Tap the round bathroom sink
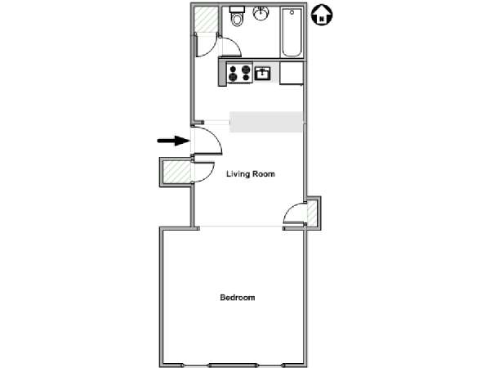tap(261, 13)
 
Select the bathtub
tap(292, 32)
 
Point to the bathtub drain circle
tap(292, 12)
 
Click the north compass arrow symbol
tap(322, 16)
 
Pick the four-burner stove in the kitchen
tap(239, 73)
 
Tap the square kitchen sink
tap(262, 74)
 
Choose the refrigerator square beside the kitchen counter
tap(292, 73)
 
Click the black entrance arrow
tap(173, 141)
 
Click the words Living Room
tap(251, 174)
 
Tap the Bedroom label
tap(238, 298)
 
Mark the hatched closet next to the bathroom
tap(206, 19)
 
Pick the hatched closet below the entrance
tap(177, 172)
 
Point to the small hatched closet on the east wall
tap(312, 213)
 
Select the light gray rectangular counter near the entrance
tap(266, 122)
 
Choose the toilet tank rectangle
tap(237, 9)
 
